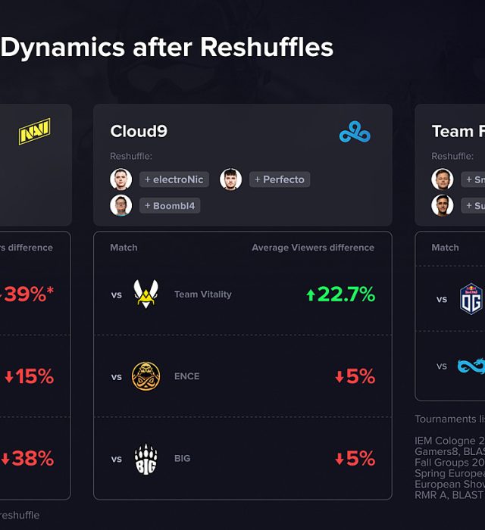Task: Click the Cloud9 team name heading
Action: coord(139,131)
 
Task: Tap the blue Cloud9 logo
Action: coord(355,132)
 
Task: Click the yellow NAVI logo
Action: coord(34,131)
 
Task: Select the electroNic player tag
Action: coord(174,179)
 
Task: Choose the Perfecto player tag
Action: coord(279,179)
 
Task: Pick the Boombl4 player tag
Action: coord(170,205)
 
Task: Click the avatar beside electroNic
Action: coord(120,179)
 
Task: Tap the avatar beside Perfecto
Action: coord(230,179)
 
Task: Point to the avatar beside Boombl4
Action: coord(120,205)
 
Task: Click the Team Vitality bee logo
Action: coord(145,295)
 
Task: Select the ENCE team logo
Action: coord(145,376)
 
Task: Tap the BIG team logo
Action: coord(145,458)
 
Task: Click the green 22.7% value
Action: coord(340,295)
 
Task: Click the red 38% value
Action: coord(27,458)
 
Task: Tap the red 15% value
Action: coord(30,376)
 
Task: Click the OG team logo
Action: coord(471,298)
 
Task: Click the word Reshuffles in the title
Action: coord(267,48)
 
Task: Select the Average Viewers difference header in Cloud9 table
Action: coord(313,248)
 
